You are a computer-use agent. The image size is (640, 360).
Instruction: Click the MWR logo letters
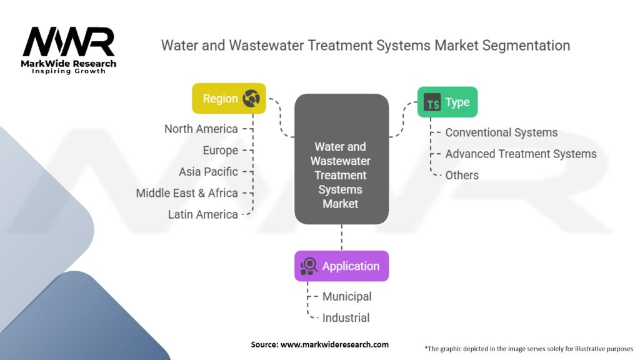(x=69, y=42)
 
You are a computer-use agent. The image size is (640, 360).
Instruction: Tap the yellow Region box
(x=229, y=99)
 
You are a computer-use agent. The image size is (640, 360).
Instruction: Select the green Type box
(x=447, y=102)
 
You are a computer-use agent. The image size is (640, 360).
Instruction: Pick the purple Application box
(x=341, y=266)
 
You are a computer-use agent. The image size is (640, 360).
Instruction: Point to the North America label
(x=201, y=129)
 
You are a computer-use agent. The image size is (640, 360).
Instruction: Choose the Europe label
(x=220, y=150)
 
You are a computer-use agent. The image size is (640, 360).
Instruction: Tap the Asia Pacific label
(x=208, y=171)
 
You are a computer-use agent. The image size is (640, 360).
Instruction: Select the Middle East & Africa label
(x=187, y=193)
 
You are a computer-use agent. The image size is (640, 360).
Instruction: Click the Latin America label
(x=203, y=214)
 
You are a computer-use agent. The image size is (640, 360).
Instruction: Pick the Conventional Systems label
(x=501, y=132)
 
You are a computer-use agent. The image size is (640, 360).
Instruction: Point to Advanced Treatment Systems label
(x=521, y=154)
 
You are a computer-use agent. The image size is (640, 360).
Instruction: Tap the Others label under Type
(x=462, y=175)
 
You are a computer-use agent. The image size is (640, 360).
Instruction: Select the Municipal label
(x=347, y=296)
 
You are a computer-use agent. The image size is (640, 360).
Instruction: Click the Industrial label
(x=346, y=317)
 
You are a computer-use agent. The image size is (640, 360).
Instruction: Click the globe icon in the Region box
(x=251, y=98)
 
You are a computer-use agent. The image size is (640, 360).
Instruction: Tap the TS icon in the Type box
(x=432, y=102)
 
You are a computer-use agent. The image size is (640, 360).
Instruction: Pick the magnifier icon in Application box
(x=309, y=267)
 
